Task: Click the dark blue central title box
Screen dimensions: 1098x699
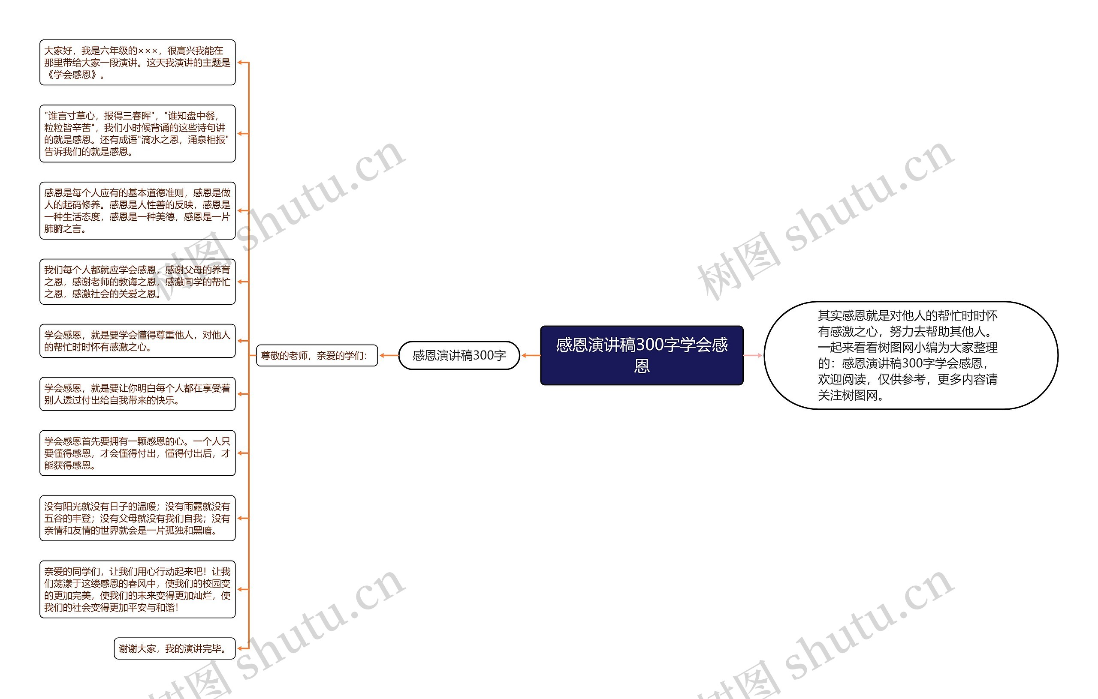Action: point(641,355)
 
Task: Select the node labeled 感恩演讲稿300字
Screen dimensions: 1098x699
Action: point(459,355)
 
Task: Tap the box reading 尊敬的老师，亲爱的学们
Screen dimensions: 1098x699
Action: point(317,355)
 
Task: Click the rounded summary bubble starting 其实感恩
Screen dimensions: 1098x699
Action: point(910,355)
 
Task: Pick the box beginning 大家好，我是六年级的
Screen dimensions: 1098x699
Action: point(137,63)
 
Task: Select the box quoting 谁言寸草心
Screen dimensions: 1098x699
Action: point(137,134)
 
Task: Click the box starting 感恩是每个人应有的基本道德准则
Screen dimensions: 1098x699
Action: point(137,210)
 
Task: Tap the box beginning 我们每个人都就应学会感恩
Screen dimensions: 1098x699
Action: point(137,282)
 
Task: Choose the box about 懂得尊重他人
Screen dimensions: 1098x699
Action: point(137,341)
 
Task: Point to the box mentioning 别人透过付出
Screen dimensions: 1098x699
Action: point(137,394)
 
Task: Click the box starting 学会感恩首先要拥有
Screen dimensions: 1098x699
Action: point(137,453)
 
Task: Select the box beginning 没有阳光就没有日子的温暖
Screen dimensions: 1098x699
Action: point(137,518)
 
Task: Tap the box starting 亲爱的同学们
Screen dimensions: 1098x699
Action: point(137,589)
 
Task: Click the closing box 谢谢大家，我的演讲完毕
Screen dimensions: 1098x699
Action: point(174,648)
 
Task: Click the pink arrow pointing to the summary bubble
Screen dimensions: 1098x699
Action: point(753,355)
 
